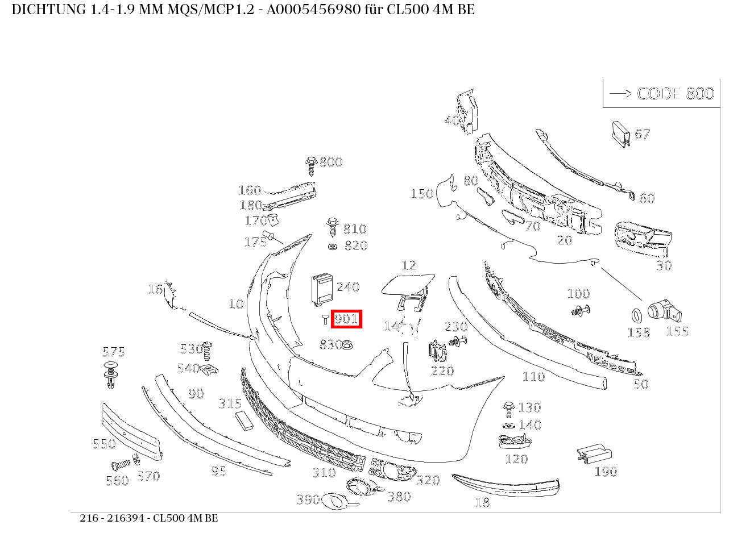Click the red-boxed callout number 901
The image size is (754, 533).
[x=346, y=319]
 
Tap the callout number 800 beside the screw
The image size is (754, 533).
[x=331, y=163]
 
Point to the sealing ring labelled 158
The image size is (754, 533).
[x=636, y=315]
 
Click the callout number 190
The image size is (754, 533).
[x=606, y=472]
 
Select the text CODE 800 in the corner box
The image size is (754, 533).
[x=675, y=94]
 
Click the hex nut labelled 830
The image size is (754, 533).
[x=349, y=344]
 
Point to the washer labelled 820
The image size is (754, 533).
[x=333, y=247]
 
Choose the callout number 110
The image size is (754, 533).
[x=533, y=377]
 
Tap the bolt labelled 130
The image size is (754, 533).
[x=509, y=408]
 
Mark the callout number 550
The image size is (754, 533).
[x=104, y=444]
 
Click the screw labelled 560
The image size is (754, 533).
[x=119, y=464]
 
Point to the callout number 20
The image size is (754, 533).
[x=565, y=240]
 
